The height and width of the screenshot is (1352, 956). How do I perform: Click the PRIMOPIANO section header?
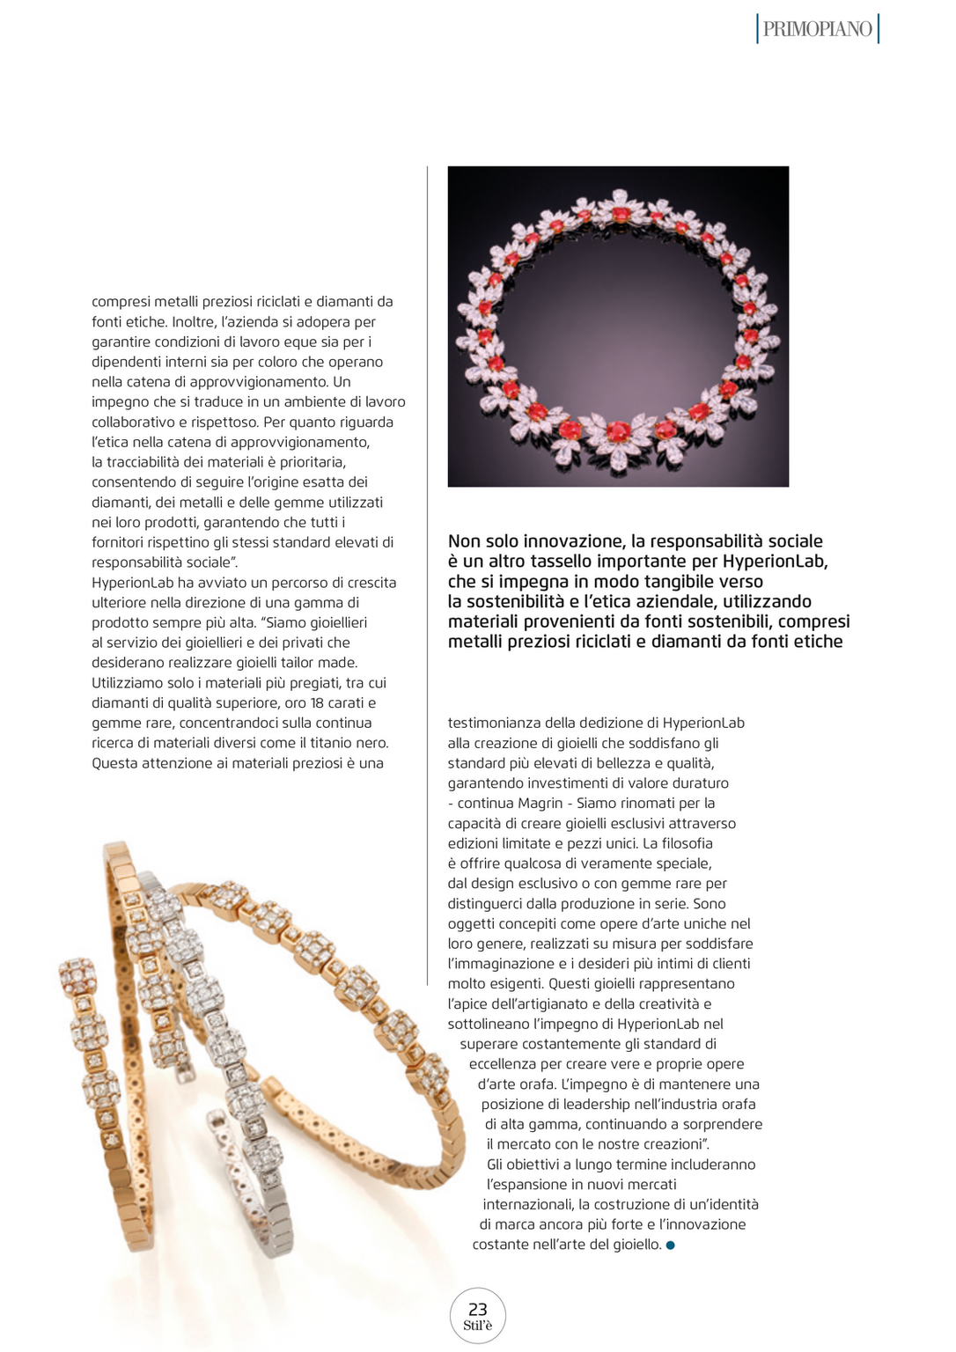coord(817,29)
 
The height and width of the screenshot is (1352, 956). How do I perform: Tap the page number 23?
coord(477,1309)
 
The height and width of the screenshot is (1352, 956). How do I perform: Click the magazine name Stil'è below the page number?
coord(477,1326)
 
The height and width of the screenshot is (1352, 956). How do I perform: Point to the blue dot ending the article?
coord(670,1245)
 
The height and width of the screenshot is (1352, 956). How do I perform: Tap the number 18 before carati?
coord(317,702)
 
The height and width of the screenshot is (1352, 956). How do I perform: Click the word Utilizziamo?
coord(129,682)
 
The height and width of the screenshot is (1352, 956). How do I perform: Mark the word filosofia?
coord(683,843)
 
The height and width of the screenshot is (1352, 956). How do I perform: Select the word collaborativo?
coord(134,422)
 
